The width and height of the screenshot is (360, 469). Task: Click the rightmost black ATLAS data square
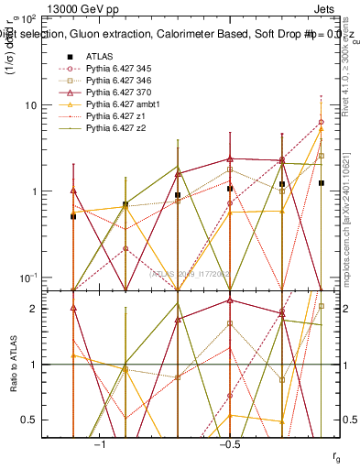(321, 183)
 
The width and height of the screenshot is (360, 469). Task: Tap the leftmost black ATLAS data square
(73, 216)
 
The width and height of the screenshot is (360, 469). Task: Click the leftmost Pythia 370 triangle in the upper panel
(73, 191)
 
